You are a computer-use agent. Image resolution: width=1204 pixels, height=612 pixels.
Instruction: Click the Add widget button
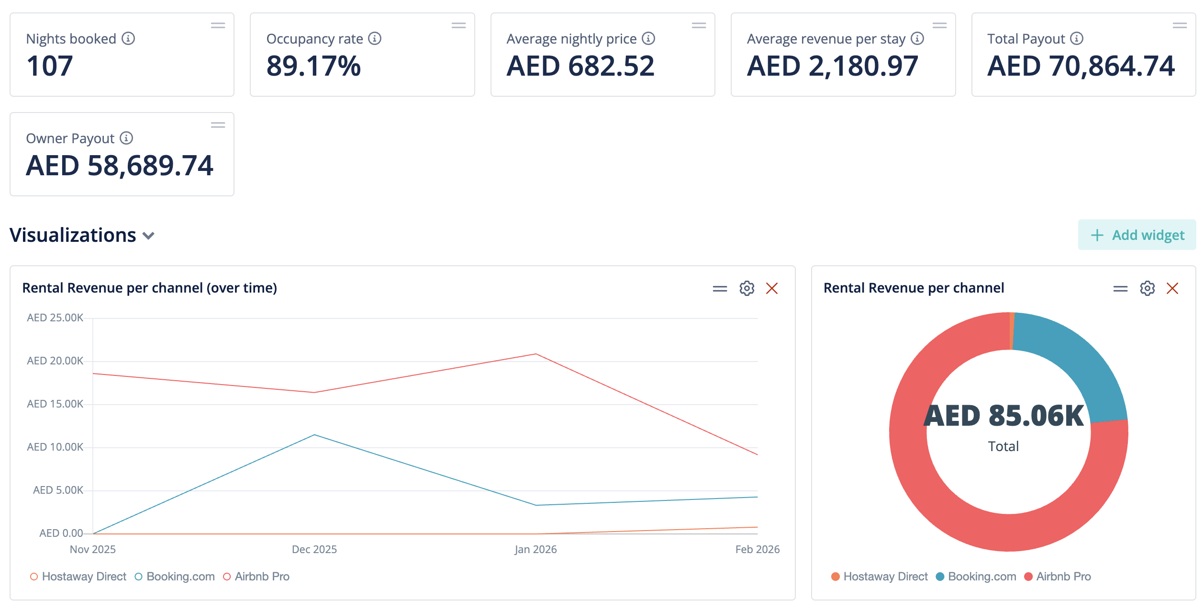coord(1137,235)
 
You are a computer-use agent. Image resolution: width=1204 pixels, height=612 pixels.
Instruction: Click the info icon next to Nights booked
coord(128,38)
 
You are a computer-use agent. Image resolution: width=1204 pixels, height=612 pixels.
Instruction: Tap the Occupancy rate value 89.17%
coord(313,66)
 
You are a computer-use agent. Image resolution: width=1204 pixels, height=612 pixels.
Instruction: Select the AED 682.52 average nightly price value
coord(580,66)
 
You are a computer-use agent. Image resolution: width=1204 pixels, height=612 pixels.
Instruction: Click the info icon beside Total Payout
coord(1077,38)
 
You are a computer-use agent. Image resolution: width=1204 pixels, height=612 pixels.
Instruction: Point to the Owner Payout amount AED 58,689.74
coord(120,166)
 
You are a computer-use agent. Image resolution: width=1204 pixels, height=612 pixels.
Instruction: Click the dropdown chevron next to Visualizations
coord(149,236)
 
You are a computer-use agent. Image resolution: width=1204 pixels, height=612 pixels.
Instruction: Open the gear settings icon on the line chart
coord(747,288)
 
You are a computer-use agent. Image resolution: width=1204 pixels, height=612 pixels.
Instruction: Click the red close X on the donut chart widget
coord(1172,288)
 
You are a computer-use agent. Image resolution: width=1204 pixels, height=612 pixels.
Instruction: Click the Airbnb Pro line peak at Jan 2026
coord(536,354)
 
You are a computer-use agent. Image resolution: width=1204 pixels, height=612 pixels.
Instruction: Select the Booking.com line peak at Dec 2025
coord(314,435)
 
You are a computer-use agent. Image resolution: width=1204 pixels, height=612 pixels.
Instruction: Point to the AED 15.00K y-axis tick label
coord(55,404)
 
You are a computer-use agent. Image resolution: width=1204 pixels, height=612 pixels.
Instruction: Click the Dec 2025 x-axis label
coord(314,549)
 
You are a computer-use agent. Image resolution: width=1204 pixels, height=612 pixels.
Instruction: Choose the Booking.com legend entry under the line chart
coord(180,577)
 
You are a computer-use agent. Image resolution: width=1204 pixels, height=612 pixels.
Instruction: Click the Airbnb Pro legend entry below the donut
coord(1063,577)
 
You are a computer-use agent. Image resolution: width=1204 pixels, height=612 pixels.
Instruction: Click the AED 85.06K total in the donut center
coord(1003,416)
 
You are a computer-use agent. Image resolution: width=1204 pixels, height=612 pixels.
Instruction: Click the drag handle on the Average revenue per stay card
coord(939,25)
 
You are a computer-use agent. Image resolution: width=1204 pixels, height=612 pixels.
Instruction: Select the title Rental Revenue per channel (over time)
coord(150,288)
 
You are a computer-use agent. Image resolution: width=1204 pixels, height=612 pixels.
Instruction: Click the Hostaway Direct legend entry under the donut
coord(885,577)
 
